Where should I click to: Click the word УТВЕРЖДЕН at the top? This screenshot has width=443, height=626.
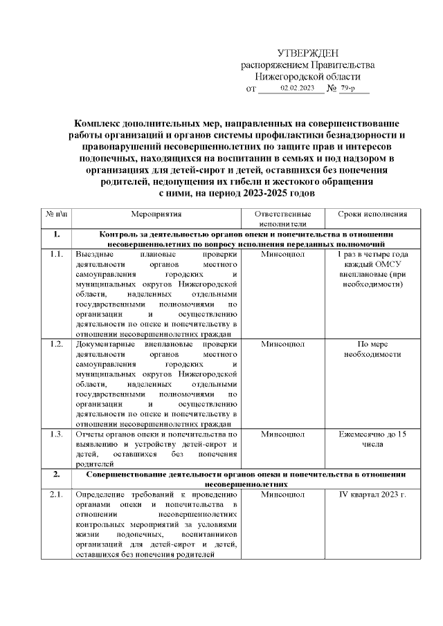[307, 53]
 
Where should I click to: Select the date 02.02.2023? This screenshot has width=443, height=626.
[297, 89]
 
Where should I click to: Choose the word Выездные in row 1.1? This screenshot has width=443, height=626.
[94, 255]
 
